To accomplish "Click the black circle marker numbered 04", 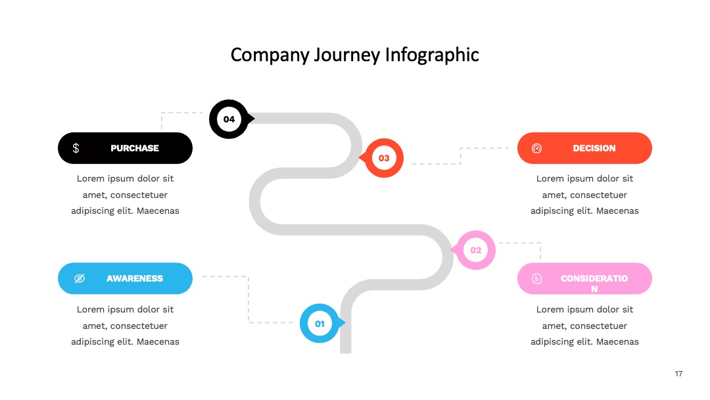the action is (229, 119).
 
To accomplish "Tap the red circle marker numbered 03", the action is (384, 158).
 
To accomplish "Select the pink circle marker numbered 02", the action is (475, 250).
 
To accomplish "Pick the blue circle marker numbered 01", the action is (319, 324).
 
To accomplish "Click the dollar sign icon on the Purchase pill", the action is (76, 148).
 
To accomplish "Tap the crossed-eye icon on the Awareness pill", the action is (80, 278).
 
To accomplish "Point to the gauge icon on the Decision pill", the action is (536, 148).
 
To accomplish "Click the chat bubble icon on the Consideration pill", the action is (536, 278).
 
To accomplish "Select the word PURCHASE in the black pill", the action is (135, 148).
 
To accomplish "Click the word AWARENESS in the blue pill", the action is (135, 278).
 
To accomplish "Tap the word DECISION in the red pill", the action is (594, 148).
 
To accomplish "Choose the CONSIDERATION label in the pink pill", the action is (594, 283).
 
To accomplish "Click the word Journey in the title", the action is (347, 55).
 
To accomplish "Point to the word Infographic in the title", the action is (432, 55).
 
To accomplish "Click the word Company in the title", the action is (270, 55).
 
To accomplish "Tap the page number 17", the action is (678, 374).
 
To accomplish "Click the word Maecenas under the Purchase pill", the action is (158, 211).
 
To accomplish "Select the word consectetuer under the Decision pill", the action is (599, 195).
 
